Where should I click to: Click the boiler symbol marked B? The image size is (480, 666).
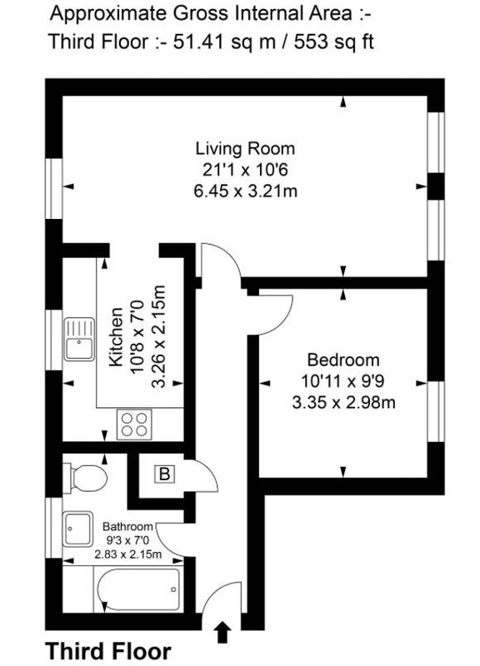click(164, 474)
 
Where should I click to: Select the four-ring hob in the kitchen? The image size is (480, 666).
click(134, 425)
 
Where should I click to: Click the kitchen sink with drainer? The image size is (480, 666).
click(79, 340)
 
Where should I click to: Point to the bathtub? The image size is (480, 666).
click(138, 589)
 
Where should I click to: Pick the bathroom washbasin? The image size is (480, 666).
click(77, 529)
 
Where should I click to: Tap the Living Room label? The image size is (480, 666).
click(245, 149)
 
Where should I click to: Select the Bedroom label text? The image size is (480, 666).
click(343, 360)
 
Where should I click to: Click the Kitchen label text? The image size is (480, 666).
click(116, 338)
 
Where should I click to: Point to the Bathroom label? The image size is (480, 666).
click(127, 527)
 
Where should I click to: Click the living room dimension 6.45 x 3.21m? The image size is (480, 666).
click(245, 191)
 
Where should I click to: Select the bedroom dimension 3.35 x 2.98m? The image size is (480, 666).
click(343, 402)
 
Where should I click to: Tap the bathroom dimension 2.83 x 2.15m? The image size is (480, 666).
click(128, 554)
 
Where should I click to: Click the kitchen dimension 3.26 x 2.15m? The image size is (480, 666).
click(158, 337)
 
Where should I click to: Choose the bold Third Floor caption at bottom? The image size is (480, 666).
click(108, 652)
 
